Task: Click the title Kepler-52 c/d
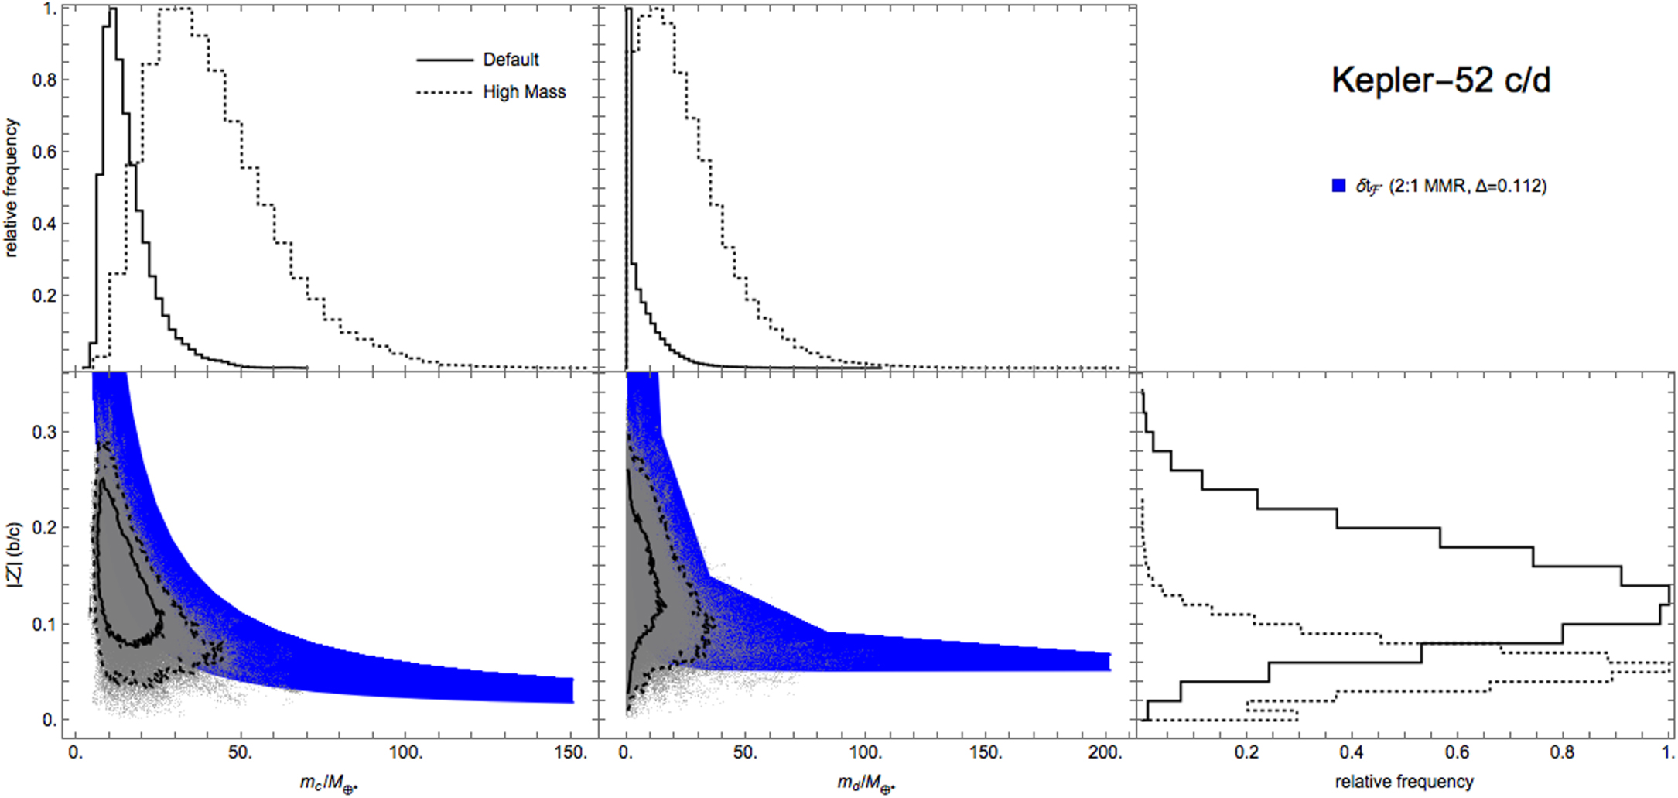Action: (1440, 80)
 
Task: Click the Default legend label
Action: (511, 60)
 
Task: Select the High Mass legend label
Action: (524, 92)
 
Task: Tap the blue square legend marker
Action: (1338, 186)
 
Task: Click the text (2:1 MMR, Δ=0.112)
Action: (1468, 186)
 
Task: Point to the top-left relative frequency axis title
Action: (11, 187)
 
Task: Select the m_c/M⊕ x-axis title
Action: (329, 783)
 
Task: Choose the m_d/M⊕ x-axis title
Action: (866, 783)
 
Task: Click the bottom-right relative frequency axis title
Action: (1404, 782)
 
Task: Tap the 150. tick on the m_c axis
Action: (571, 752)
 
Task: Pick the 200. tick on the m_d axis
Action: (1105, 752)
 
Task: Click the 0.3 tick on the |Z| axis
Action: (44, 432)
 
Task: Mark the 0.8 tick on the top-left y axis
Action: (44, 80)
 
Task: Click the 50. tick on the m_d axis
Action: (744, 752)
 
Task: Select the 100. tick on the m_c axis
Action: (405, 752)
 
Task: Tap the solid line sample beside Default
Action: (444, 60)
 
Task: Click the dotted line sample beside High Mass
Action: (444, 92)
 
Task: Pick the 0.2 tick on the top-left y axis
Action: (44, 296)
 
